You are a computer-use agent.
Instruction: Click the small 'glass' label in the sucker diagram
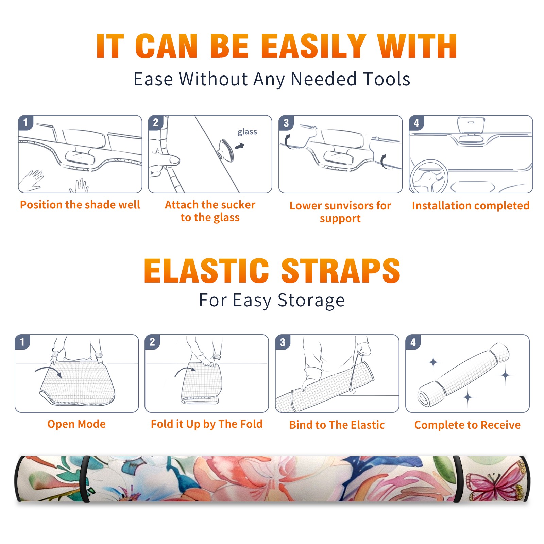(247, 132)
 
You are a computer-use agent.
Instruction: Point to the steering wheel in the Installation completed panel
(429, 176)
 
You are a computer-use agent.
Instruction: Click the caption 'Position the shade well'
(80, 205)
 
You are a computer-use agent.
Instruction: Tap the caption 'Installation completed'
(471, 206)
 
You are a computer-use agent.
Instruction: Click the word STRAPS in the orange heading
(341, 271)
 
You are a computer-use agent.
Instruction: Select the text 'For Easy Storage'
(272, 301)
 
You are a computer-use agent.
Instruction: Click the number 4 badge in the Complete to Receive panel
(413, 342)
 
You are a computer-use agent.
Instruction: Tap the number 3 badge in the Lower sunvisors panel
(286, 123)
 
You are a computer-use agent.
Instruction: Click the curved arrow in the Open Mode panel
(49, 372)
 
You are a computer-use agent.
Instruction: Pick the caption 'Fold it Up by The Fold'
(207, 424)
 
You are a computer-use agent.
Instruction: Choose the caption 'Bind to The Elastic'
(337, 425)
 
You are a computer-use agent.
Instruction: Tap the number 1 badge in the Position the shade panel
(26, 122)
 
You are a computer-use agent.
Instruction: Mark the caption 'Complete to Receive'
(468, 425)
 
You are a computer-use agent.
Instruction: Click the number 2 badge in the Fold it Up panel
(152, 342)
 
